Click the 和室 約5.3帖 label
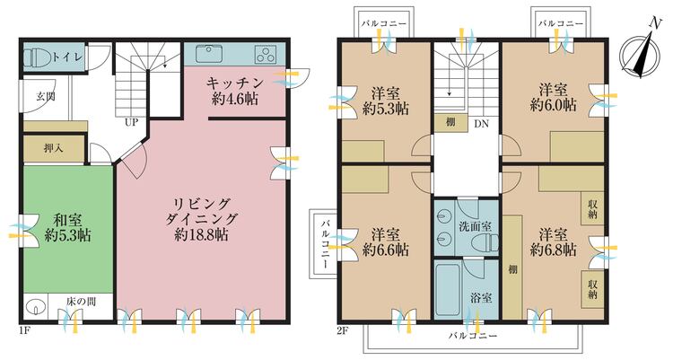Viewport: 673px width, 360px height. click(x=68, y=227)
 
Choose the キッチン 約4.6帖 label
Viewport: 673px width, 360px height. click(x=232, y=91)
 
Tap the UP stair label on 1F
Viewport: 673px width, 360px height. click(x=132, y=120)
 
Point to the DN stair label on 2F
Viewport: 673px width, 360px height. click(x=482, y=124)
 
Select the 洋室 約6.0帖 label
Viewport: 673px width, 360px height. click(x=552, y=97)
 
